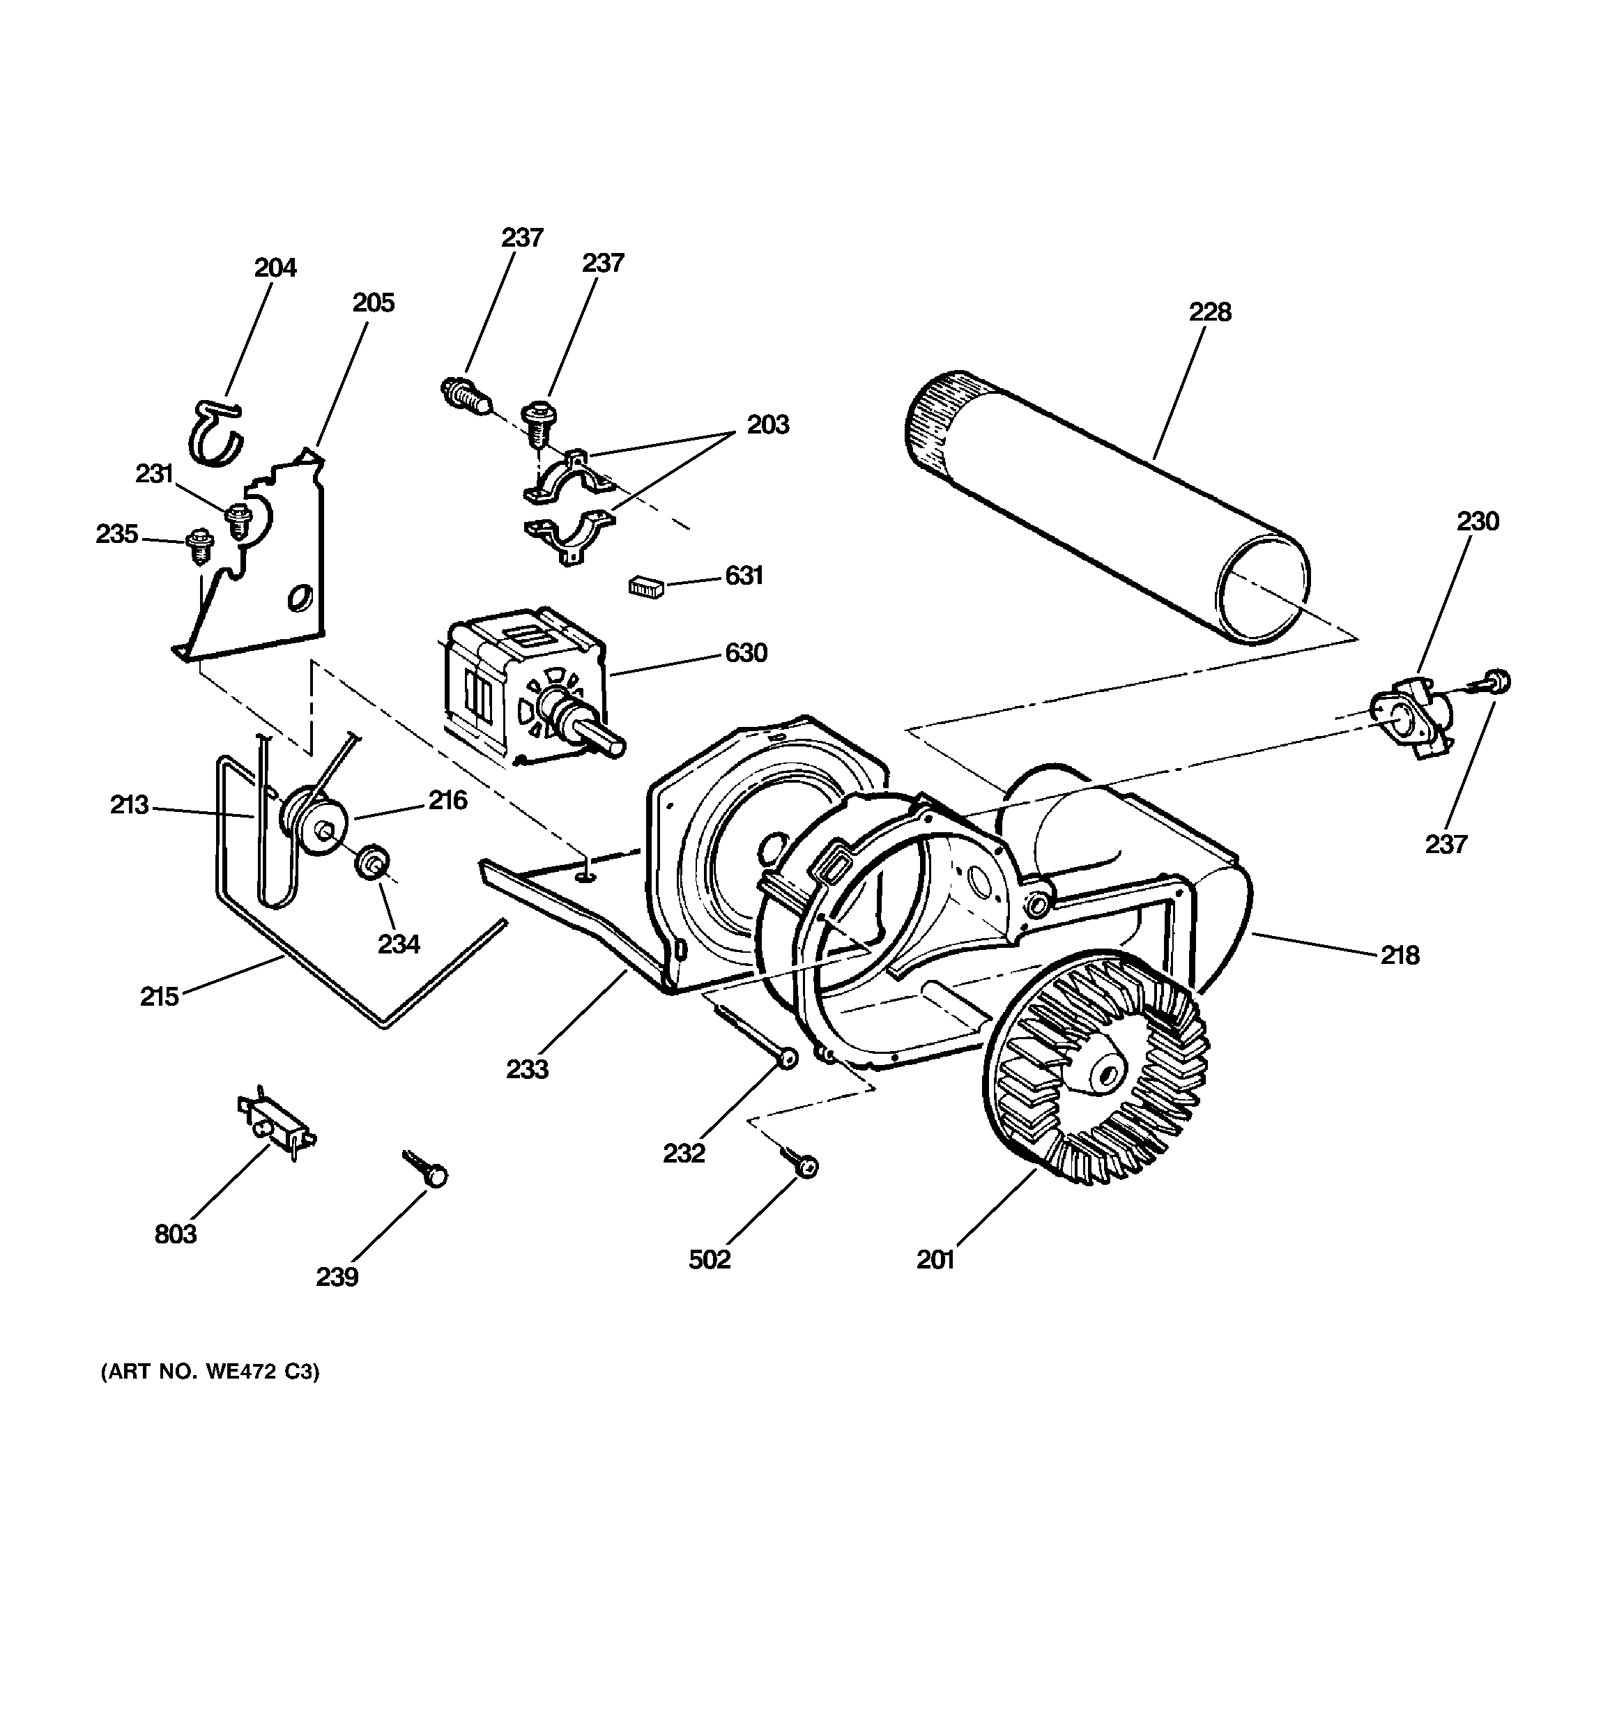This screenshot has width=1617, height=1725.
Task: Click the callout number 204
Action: pyautogui.click(x=275, y=268)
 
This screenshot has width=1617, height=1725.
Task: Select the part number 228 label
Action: pyautogui.click(x=1210, y=312)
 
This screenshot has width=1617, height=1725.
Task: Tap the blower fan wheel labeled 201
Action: pyautogui.click(x=1097, y=1075)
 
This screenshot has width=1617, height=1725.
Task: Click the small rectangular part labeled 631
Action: pyautogui.click(x=647, y=588)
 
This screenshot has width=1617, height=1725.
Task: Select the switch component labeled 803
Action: pyautogui.click(x=276, y=1126)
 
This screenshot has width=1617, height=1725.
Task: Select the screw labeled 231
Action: pyautogui.click(x=237, y=520)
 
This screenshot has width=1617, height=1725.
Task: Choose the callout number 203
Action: pyautogui.click(x=768, y=425)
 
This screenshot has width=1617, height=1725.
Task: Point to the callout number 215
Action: pyautogui.click(x=160, y=996)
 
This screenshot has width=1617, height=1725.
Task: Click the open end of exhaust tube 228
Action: pyautogui.click(x=1263, y=588)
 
